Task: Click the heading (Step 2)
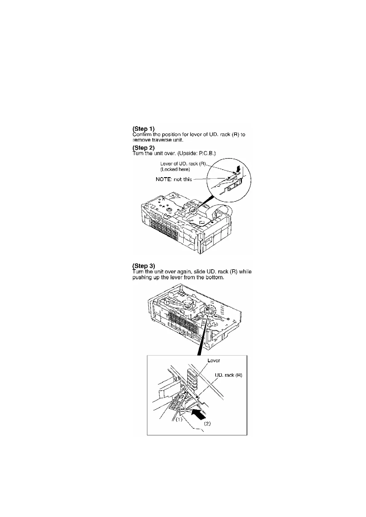pyautogui.click(x=143, y=148)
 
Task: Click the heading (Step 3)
pyautogui.click(x=143, y=266)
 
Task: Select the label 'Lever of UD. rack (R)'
pyautogui.click(x=183, y=164)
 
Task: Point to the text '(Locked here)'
pyautogui.click(x=175, y=169)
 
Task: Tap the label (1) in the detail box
pyautogui.click(x=179, y=418)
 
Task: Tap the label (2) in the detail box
pyautogui.click(x=207, y=424)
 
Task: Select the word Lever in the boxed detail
pyautogui.click(x=214, y=361)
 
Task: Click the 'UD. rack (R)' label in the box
pyautogui.click(x=229, y=375)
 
